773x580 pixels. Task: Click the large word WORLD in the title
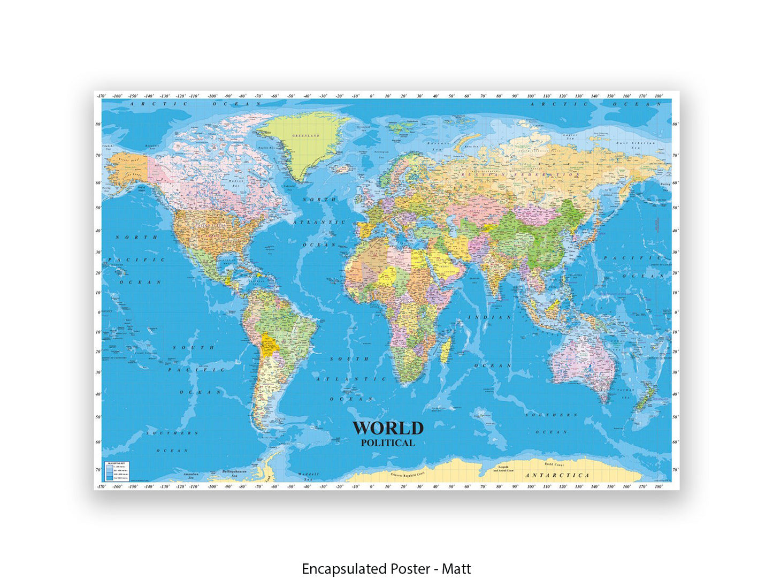[x=387, y=428]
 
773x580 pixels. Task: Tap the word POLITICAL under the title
[x=387, y=443]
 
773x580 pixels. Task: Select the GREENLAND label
[x=305, y=136]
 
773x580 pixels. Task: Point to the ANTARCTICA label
[x=557, y=475]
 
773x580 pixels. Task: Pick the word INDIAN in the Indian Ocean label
[x=489, y=317]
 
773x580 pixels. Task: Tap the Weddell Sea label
[x=308, y=476]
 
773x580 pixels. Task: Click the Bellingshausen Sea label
[x=233, y=474]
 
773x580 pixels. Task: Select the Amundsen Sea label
[x=191, y=476]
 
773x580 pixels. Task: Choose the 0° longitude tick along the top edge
[x=372, y=96]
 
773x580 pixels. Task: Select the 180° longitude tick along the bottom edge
[x=658, y=487]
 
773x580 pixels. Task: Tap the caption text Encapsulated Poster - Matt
[x=386, y=568]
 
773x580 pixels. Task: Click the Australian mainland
[x=583, y=358]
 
